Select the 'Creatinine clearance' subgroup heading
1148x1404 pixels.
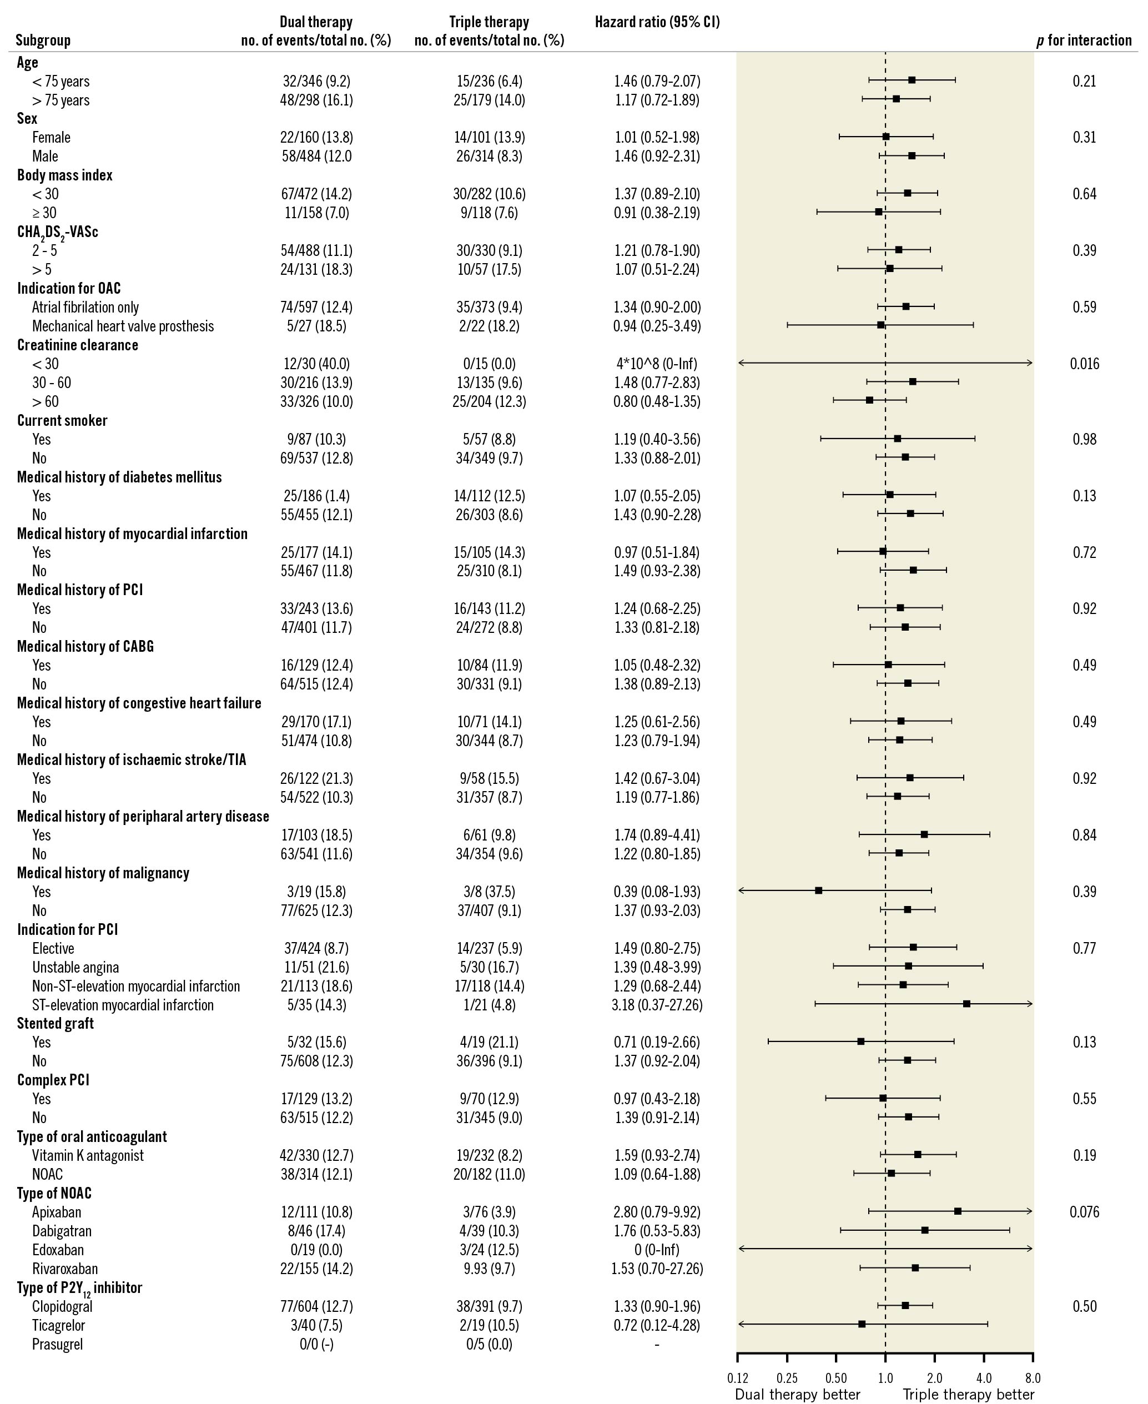click(77, 345)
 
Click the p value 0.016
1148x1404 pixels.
click(1085, 364)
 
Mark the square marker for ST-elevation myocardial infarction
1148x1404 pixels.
click(966, 1004)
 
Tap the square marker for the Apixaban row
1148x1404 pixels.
click(958, 1211)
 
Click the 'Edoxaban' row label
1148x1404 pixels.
click(58, 1250)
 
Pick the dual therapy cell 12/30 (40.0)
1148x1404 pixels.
click(316, 364)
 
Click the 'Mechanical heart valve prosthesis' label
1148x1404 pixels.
click(123, 326)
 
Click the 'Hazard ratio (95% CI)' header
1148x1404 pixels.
click(657, 22)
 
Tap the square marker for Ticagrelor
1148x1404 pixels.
click(862, 1324)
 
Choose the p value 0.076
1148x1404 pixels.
click(1085, 1212)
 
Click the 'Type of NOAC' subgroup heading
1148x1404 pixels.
click(54, 1193)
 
